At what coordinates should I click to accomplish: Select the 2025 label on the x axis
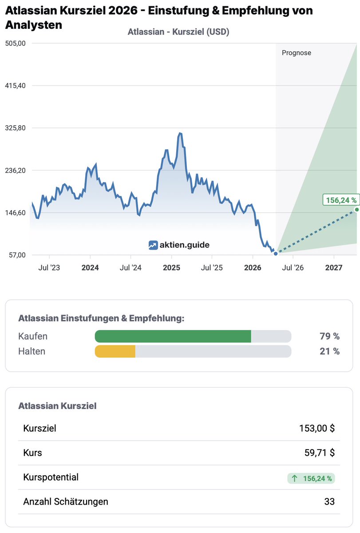pos(171,268)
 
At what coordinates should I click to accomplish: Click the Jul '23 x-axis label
pos(49,268)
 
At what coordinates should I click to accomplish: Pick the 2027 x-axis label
pos(334,268)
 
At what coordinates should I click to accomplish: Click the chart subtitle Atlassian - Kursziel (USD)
pos(178,32)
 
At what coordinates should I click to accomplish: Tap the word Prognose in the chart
pos(297,53)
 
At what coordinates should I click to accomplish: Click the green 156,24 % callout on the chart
pos(340,200)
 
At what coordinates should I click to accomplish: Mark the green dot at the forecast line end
pos(356,209)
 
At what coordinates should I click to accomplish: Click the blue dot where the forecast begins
pos(276,254)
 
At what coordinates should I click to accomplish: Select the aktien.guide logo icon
pos(153,245)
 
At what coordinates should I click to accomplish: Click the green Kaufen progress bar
pos(173,336)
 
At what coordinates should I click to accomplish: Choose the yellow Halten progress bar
pos(115,351)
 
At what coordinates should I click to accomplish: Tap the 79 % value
pos(329,336)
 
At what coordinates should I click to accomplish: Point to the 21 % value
pos(329,351)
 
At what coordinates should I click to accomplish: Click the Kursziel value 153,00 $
pos(316,428)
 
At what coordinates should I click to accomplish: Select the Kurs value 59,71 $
pos(319,453)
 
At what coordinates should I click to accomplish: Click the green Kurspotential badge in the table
pos(311,478)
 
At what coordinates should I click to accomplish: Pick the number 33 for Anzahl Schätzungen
pos(329,502)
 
